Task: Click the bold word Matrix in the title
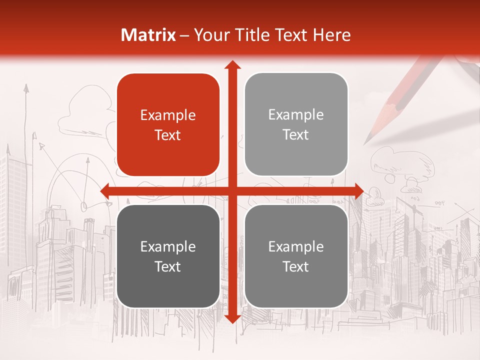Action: pos(148,35)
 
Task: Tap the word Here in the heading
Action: pos(332,35)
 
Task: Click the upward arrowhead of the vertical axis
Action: pos(232,65)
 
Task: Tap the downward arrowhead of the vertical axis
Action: pos(232,318)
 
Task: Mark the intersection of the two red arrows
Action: pos(232,191)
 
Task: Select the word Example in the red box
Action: pos(168,115)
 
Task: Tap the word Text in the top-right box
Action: pos(296,135)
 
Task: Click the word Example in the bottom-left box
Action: pos(168,246)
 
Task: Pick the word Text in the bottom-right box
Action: pos(296,266)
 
